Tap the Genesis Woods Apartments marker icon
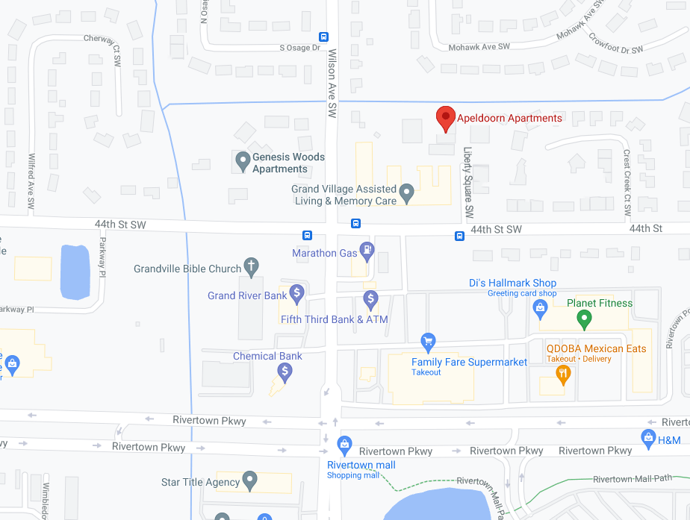pos(242,159)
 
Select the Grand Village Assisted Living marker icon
pos(406,194)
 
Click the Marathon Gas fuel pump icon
pos(367,250)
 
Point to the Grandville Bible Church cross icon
pos(252,266)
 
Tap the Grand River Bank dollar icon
pos(296,293)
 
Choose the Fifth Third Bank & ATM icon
pos(370,299)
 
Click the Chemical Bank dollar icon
pos(285,370)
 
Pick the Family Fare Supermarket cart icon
pos(428,342)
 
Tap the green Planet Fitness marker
pos(585,319)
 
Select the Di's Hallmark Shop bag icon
pos(543,312)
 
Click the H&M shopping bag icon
pos(648,436)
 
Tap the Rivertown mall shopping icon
pos(344,445)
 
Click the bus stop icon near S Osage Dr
pos(323,37)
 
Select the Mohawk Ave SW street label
pos(479,47)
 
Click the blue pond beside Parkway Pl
pos(75,271)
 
